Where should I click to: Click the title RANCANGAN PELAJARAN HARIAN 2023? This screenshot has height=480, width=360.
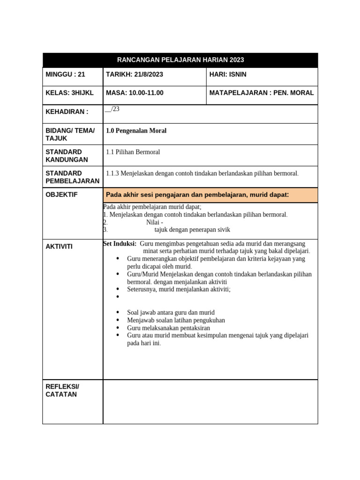[x=180, y=60]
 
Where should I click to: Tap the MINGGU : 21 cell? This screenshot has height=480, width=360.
[x=66, y=75]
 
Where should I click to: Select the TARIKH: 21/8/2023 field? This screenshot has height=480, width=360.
[x=135, y=75]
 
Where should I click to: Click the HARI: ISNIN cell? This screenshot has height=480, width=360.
[x=228, y=75]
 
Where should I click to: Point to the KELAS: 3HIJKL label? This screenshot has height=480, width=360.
[x=69, y=93]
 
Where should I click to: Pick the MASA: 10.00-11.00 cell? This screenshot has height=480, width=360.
[x=135, y=93]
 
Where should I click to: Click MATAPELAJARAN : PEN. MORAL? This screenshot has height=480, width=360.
[x=262, y=93]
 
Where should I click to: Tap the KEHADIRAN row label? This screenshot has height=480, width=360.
[x=67, y=112]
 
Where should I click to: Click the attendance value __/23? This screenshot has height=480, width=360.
[x=113, y=109]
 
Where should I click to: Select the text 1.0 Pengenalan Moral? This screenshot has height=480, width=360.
[x=136, y=131]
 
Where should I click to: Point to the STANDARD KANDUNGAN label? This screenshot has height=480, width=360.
[x=63, y=156]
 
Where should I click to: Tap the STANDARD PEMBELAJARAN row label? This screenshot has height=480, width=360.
[x=72, y=177]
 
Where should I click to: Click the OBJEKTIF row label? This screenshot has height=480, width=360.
[x=61, y=194]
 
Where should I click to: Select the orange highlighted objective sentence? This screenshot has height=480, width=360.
[x=197, y=195]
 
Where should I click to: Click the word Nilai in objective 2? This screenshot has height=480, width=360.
[x=153, y=222]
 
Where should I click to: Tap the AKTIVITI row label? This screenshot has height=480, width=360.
[x=59, y=246]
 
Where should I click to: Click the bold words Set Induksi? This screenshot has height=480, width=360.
[x=120, y=244]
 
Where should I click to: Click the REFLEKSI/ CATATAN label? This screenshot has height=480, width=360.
[x=62, y=390]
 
